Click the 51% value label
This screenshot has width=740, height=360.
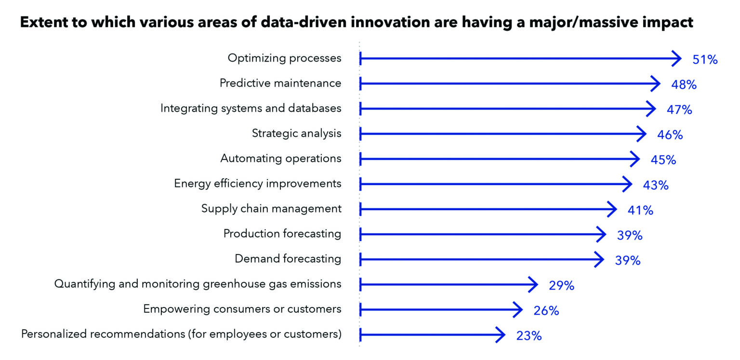tap(705, 59)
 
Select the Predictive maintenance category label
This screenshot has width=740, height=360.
tap(280, 83)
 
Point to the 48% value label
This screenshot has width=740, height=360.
tap(684, 85)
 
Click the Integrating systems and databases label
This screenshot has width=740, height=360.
tap(251, 108)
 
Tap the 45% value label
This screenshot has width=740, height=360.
tap(663, 160)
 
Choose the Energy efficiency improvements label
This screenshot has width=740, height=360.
tap(258, 184)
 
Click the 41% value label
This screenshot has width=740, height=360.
tap(641, 210)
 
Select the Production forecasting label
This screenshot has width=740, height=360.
tap(282, 234)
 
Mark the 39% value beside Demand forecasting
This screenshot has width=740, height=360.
tap(628, 261)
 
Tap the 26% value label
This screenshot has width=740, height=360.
tap(546, 311)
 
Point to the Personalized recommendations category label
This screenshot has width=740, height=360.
tap(181, 334)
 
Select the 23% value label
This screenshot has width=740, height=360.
tap(529, 336)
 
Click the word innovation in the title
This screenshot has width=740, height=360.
tap(390, 22)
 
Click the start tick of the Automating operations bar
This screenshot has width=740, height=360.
tap(360, 159)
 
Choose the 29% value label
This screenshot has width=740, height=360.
tap(562, 286)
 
